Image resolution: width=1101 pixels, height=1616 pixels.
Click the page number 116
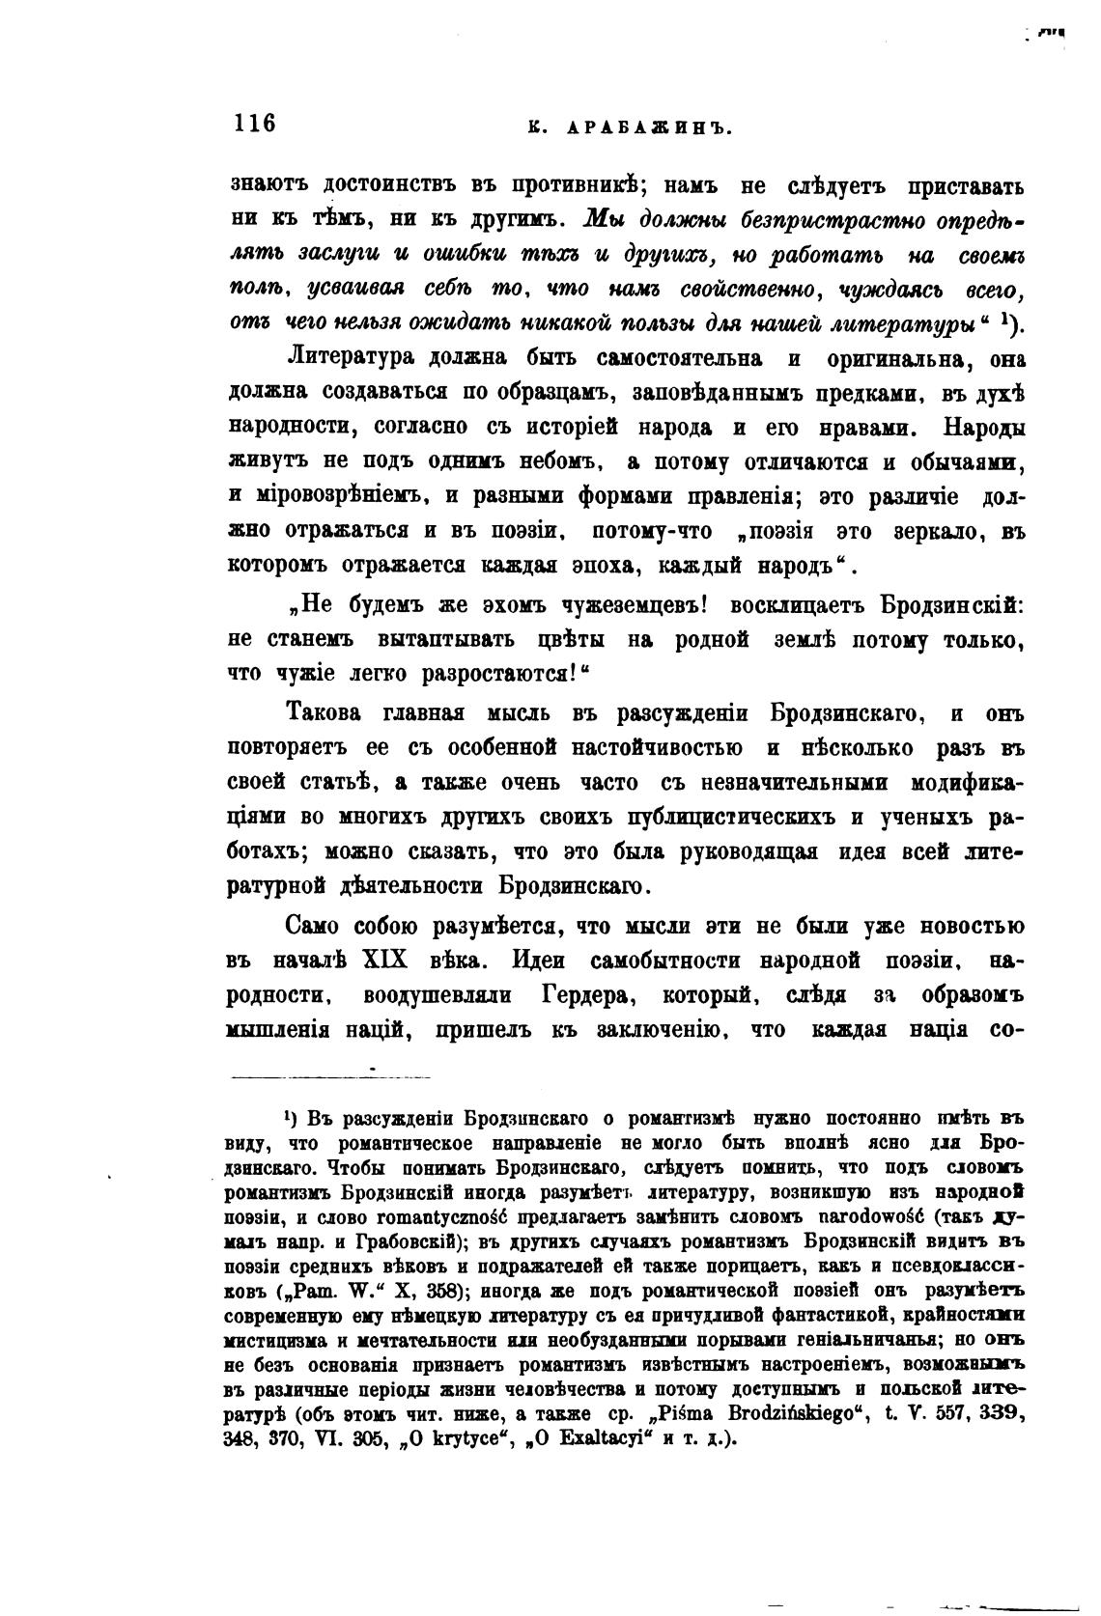coord(254,124)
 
